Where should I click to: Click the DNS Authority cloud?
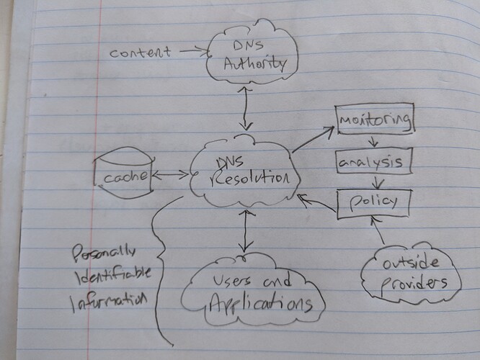(x=247, y=55)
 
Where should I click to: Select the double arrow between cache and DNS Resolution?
(x=172, y=174)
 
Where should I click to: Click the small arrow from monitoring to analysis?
(x=373, y=140)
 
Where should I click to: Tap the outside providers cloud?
(x=410, y=271)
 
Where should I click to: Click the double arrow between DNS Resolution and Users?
(x=247, y=230)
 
